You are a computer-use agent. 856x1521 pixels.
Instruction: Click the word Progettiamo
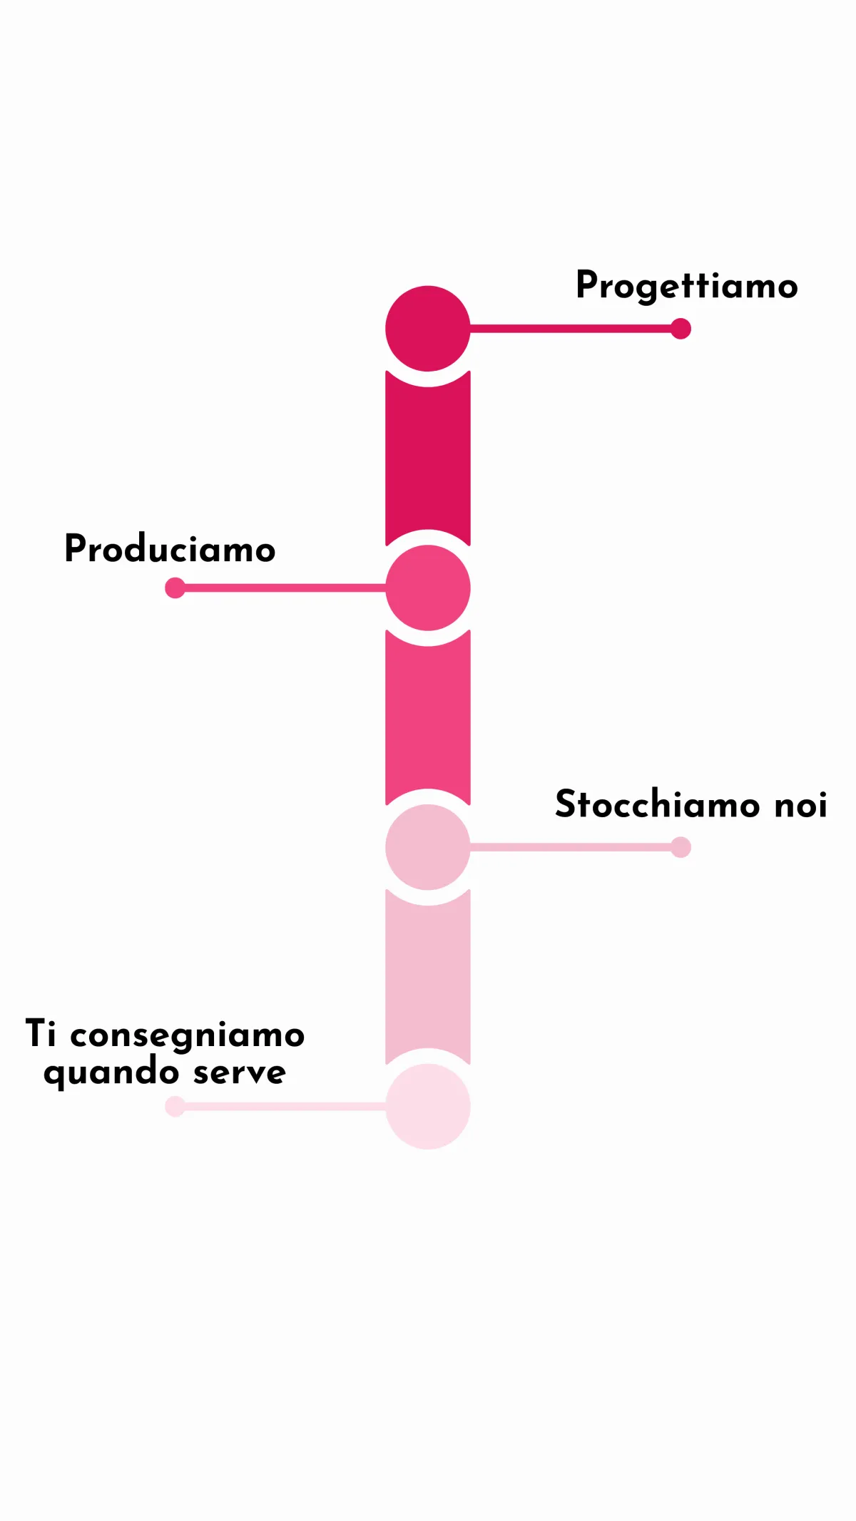point(686,286)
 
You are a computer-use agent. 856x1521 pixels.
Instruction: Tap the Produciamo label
point(170,549)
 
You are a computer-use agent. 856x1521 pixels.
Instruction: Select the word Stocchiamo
point(648,804)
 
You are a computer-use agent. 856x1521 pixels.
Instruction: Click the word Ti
point(41,1033)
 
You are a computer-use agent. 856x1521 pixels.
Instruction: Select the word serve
point(240,1072)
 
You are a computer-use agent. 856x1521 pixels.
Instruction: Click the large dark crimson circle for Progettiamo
point(427,329)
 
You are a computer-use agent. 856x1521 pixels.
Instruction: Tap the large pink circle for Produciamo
point(427,588)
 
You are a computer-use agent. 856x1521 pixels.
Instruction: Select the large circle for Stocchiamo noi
point(427,847)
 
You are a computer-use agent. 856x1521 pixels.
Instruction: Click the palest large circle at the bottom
point(427,1106)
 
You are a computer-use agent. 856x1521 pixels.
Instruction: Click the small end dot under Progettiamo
point(681,329)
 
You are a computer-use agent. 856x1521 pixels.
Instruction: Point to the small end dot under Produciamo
point(175,588)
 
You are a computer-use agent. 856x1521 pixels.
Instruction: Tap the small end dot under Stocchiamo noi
point(681,847)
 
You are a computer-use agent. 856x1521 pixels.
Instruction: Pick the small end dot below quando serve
point(175,1106)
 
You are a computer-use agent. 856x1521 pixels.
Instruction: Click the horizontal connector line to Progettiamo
point(571,329)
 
